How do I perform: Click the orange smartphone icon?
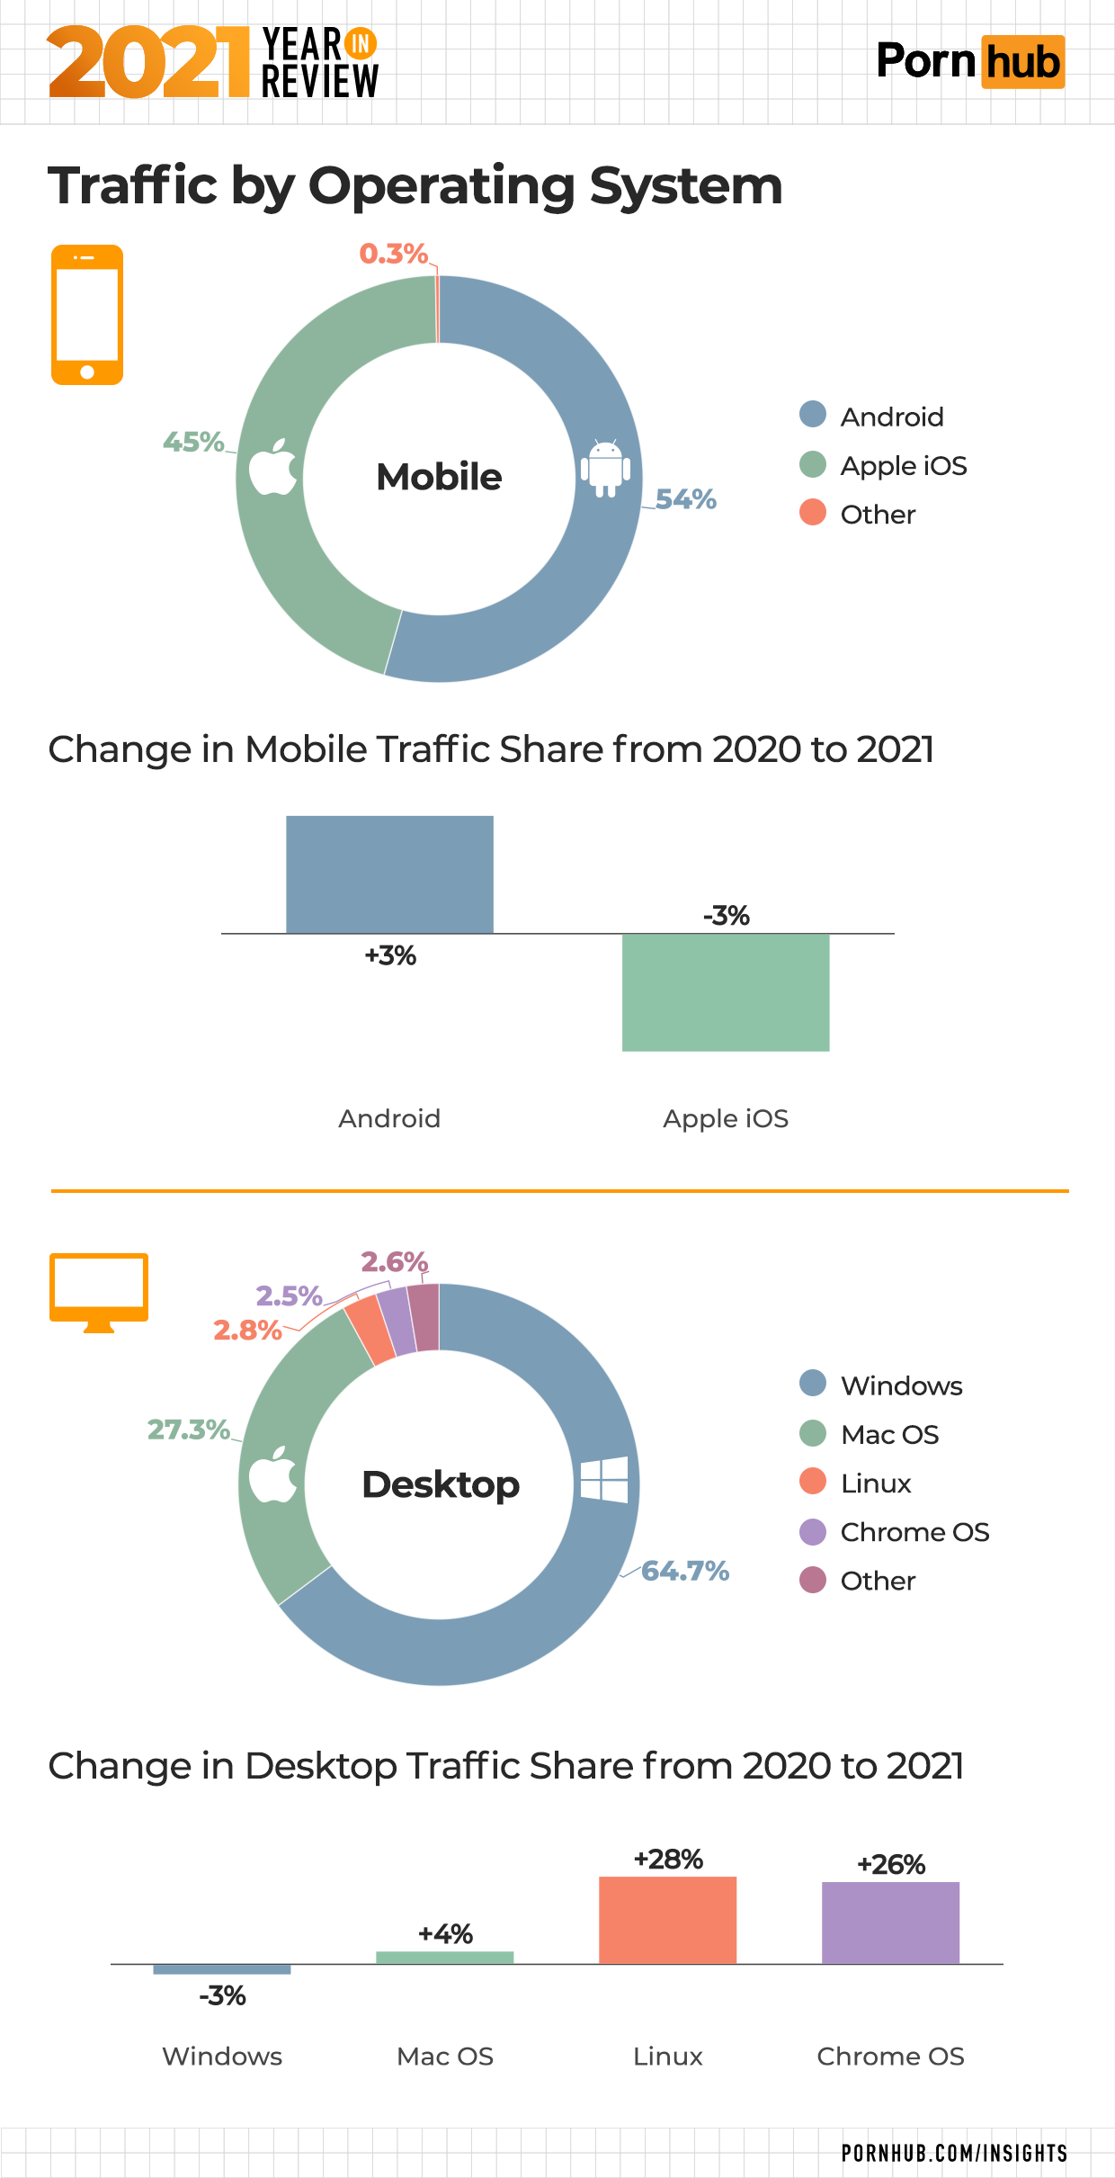[x=87, y=315]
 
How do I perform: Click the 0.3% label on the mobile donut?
[x=393, y=254]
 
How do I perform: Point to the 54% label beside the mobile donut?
[x=685, y=499]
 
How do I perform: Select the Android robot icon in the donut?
[x=605, y=468]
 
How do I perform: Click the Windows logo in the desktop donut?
[x=603, y=1479]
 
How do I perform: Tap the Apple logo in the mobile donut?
[x=272, y=467]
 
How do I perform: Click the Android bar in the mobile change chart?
[x=389, y=874]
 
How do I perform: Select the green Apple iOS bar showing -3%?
[x=726, y=991]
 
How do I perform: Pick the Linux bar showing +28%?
[x=667, y=1920]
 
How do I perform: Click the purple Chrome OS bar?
[x=890, y=1923]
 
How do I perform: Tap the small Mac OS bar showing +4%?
[x=444, y=1958]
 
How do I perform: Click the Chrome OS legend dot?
[x=813, y=1531]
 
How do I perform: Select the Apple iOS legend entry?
[x=903, y=466]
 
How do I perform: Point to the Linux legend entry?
[x=875, y=1483]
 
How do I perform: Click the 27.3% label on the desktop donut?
[x=189, y=1430]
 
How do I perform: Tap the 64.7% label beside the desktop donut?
[x=684, y=1571]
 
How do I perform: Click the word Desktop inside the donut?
[x=441, y=1484]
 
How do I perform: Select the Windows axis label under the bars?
[x=222, y=2057]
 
